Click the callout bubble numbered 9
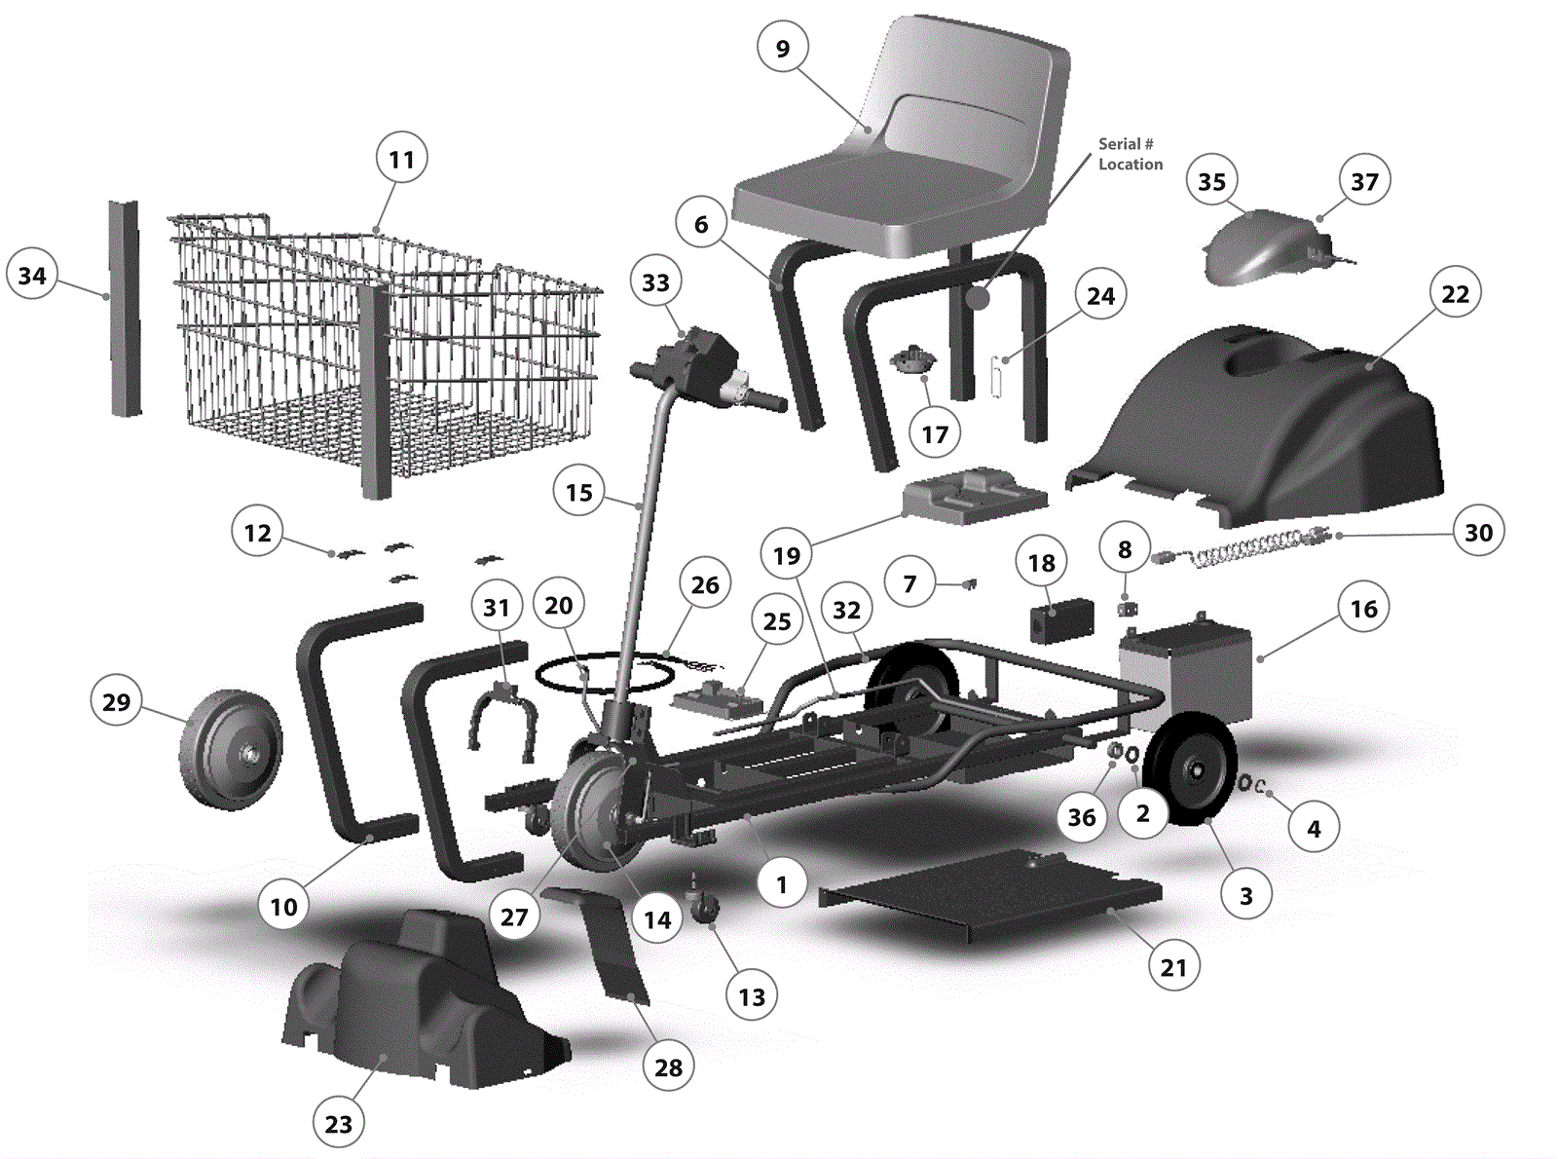(x=783, y=49)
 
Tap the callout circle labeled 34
(x=32, y=275)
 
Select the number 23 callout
(x=339, y=1124)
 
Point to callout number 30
(x=1478, y=532)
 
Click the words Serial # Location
(x=1131, y=154)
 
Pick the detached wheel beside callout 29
(x=231, y=750)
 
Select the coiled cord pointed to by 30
(x=1240, y=547)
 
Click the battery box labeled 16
(x=1185, y=673)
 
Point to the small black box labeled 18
(x=1061, y=619)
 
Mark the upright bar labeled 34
(x=125, y=309)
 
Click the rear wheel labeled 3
(x=1191, y=768)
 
